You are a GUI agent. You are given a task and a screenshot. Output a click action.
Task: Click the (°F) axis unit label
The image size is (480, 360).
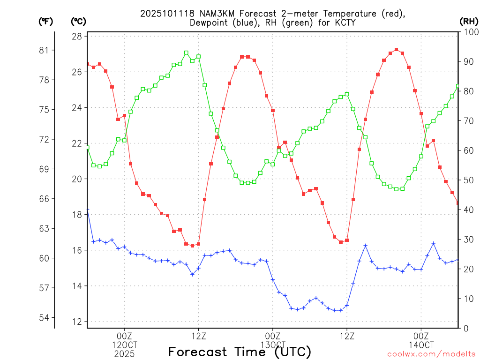[x=46, y=21]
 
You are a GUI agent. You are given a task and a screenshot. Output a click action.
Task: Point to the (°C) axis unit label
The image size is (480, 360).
[x=78, y=21]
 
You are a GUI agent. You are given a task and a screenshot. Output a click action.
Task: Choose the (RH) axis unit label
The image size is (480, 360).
[x=469, y=21]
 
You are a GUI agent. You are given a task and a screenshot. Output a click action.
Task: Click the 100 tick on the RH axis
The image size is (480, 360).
[x=469, y=32]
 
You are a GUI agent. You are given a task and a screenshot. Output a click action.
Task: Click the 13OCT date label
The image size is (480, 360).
[x=272, y=345]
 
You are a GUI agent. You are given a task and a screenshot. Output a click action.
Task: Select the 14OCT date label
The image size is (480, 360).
[x=421, y=345]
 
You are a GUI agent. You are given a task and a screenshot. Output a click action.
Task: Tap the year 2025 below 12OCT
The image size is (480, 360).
[x=124, y=353]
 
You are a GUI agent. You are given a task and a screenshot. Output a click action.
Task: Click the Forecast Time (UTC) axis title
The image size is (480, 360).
[x=240, y=352]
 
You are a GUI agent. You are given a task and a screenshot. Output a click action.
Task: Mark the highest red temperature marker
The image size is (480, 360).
[x=396, y=49]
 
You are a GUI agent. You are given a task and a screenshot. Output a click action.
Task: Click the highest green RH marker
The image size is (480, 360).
[x=186, y=52]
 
